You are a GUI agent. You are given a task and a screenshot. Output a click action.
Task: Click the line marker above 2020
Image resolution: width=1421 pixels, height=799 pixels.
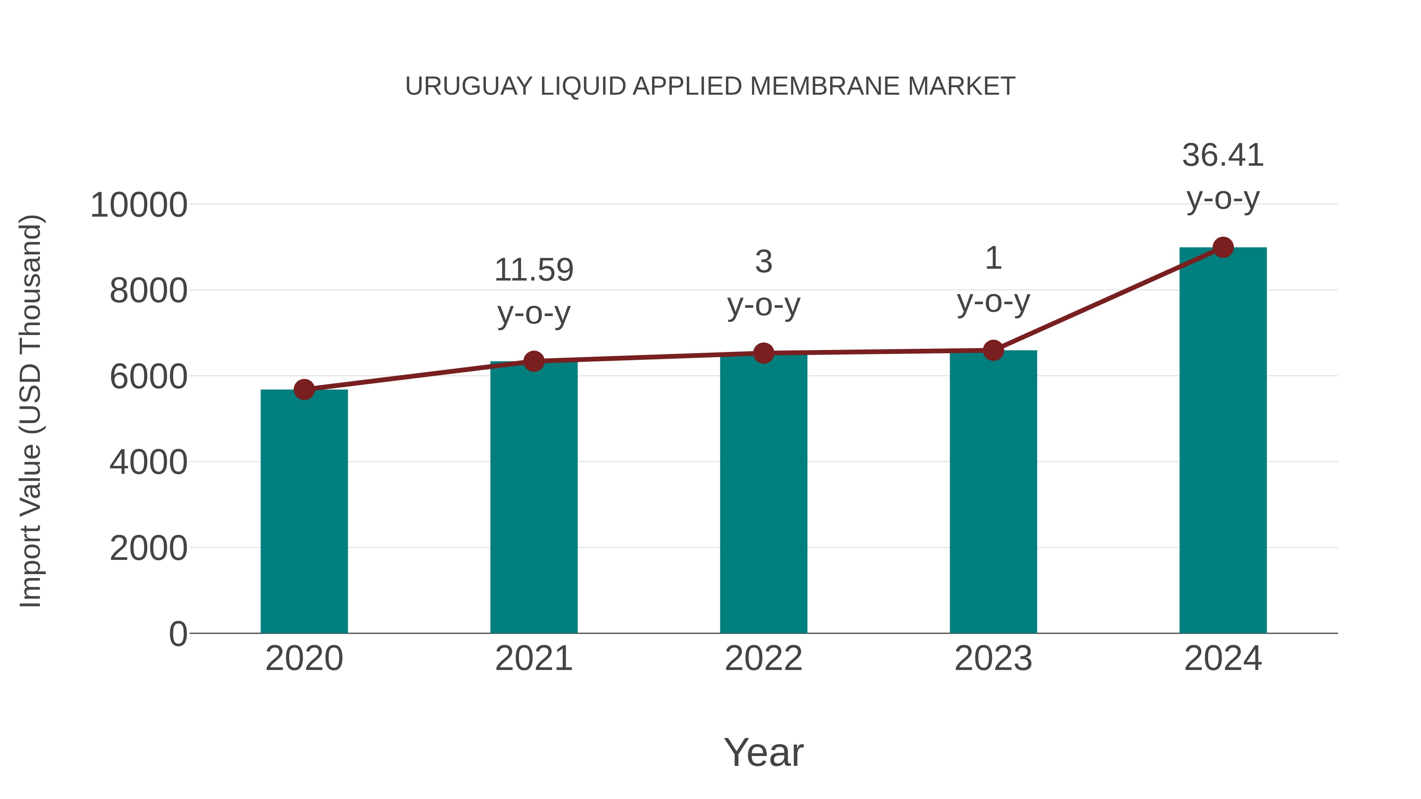tap(304, 390)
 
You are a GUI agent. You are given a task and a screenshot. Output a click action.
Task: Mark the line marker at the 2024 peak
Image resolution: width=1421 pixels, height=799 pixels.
tap(1223, 247)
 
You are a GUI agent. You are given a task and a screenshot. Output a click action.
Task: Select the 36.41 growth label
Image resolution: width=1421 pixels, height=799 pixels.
tap(1223, 155)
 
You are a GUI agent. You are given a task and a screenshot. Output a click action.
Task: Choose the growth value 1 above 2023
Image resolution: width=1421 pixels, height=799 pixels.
tap(993, 258)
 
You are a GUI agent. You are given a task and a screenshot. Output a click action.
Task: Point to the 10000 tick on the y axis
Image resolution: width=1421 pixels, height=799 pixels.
tap(139, 205)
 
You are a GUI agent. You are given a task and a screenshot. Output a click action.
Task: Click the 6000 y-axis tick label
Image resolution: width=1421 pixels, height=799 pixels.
tap(148, 377)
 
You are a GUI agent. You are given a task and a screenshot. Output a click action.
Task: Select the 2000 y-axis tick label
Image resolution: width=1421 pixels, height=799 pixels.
tap(148, 549)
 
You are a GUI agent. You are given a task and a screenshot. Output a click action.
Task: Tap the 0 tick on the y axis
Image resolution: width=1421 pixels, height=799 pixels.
tap(178, 634)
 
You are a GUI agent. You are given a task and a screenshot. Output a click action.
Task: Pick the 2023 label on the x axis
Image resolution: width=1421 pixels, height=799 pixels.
tap(993, 659)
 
